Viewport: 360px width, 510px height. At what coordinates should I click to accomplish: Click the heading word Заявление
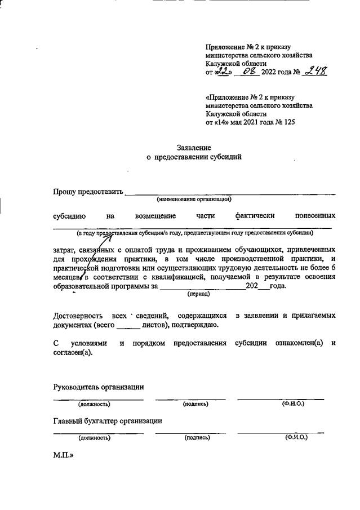193,147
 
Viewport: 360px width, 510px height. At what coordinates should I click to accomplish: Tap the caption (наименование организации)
194,199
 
